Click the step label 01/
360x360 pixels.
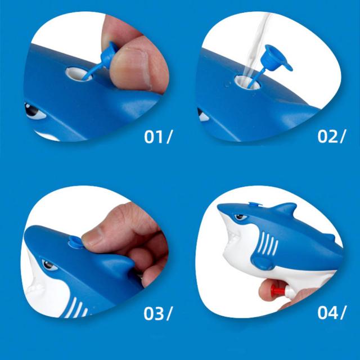pyautogui.click(x=157, y=137)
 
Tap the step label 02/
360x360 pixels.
pyautogui.click(x=331, y=136)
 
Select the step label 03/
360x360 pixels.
pyautogui.click(x=157, y=314)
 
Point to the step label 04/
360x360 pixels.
pyautogui.click(x=331, y=313)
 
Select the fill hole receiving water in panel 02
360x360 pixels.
pyautogui.click(x=247, y=83)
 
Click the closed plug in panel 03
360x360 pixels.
pyautogui.click(x=75, y=242)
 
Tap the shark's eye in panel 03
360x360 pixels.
pyautogui.click(x=49, y=265)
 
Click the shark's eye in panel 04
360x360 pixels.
pyautogui.click(x=240, y=217)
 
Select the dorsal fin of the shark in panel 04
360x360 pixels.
pyautogui.click(x=285, y=209)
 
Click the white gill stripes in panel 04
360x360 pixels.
pyautogui.click(x=269, y=244)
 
